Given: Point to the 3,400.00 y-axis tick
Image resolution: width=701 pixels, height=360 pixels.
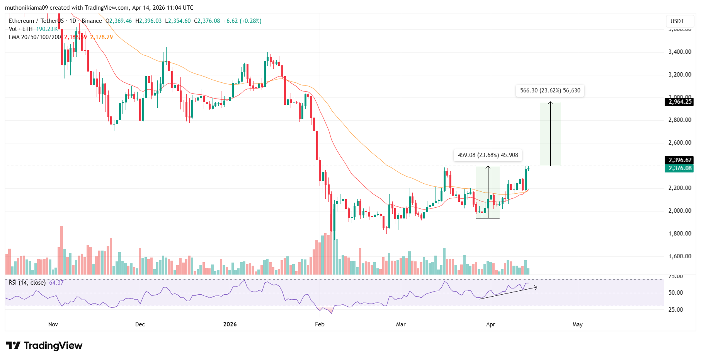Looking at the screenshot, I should coord(679,52).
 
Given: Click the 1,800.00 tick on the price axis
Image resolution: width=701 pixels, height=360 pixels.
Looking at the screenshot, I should coord(679,234).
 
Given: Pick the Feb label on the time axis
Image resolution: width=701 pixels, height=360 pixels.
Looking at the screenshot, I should coord(320,324).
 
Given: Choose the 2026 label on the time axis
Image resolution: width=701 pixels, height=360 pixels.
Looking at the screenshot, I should coord(230,324).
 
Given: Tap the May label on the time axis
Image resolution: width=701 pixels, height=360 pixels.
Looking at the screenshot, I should coord(577,324).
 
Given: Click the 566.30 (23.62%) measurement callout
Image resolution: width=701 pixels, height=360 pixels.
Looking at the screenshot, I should coord(550,90).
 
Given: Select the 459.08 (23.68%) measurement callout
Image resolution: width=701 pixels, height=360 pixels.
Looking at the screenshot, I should coord(488,155).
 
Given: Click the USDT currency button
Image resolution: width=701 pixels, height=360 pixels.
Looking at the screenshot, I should coord(677,21).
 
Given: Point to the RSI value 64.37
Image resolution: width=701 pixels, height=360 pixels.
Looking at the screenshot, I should coord(56,283).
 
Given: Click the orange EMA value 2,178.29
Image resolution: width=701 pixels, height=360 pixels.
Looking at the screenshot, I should coord(102,37).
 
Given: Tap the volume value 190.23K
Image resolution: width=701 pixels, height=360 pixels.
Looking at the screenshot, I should coord(47,29).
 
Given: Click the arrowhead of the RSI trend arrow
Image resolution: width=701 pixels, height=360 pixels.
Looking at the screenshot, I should coord(536,287).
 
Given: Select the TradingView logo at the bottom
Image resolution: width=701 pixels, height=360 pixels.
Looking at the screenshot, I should coord(44,345).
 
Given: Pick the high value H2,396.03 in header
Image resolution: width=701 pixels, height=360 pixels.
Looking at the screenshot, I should coord(148,21).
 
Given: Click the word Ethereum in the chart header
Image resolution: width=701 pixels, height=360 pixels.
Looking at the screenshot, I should coord(21,21).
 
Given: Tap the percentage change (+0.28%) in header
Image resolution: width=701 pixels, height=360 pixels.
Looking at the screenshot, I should coord(250,21).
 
